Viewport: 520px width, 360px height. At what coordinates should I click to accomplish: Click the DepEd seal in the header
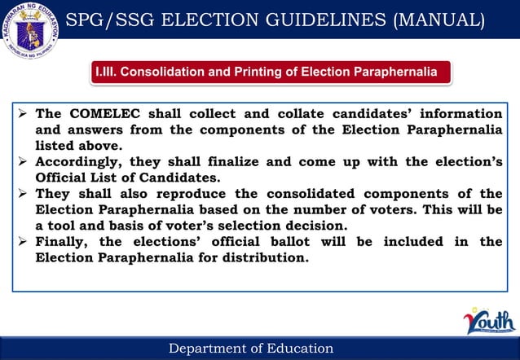pyautogui.click(x=30, y=32)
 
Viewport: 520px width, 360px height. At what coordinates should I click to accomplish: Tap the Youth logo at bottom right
pyautogui.click(x=487, y=322)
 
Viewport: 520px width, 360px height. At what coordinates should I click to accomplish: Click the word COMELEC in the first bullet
pyautogui.click(x=95, y=113)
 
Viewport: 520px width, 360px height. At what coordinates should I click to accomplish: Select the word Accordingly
pyautogui.click(x=78, y=161)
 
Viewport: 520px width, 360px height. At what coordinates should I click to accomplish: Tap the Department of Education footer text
pyautogui.click(x=251, y=349)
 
